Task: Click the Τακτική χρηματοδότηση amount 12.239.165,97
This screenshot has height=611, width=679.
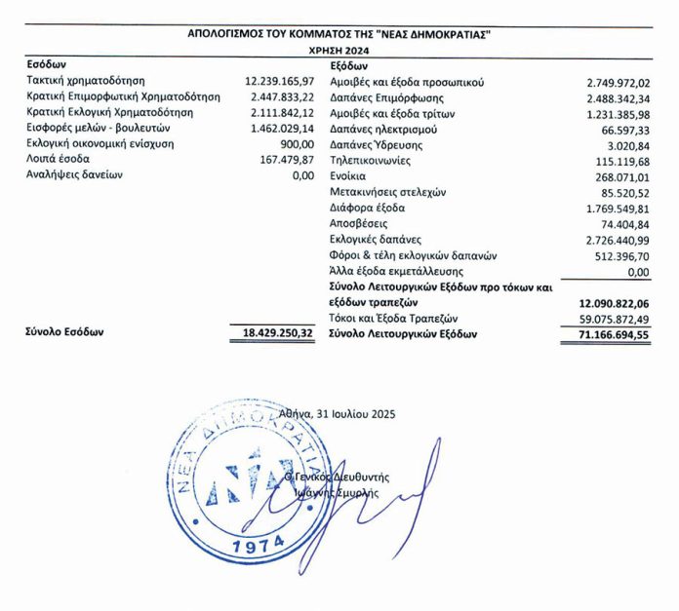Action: [279, 81]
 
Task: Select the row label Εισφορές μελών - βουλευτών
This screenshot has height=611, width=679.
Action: [100, 128]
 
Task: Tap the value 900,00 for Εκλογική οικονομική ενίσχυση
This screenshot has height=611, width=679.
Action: [295, 143]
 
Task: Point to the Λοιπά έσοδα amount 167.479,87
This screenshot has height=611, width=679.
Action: [283, 159]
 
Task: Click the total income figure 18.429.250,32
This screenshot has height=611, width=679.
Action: [277, 332]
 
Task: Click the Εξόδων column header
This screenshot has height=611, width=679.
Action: [349, 64]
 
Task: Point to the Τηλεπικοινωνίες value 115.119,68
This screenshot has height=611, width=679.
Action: [619, 162]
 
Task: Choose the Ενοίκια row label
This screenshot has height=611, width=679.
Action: [353, 177]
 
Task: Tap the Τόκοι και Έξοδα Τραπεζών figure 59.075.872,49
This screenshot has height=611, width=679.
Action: [611, 319]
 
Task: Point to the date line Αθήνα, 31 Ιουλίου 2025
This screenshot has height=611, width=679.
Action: [337, 413]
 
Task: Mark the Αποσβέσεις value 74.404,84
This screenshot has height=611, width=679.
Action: [622, 224]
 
